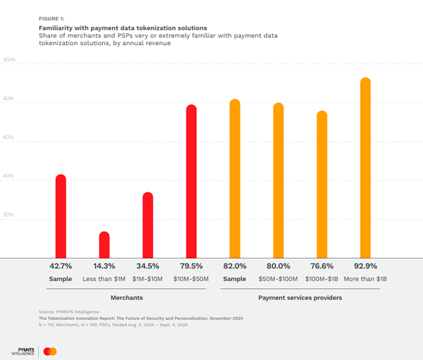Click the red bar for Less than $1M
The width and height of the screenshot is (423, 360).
[x=104, y=244]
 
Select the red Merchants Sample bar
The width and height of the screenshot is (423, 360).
[x=61, y=216]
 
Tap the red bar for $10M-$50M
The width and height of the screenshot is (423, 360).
[x=191, y=181]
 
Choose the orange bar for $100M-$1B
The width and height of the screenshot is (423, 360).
[x=321, y=184]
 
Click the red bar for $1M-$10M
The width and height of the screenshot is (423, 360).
[x=147, y=225]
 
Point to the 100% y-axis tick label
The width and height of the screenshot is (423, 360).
[x=9, y=60]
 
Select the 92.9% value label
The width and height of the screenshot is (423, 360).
[x=365, y=266]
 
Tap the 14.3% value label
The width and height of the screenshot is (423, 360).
[x=104, y=266]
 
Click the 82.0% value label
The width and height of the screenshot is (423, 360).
[x=235, y=266]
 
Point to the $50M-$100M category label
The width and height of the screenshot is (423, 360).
[x=278, y=279]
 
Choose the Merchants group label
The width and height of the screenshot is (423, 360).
[x=126, y=298]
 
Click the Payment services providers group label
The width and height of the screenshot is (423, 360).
[x=300, y=298]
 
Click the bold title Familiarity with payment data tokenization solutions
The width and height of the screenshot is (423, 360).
[x=123, y=28]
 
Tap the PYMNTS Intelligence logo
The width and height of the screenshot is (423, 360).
[x=23, y=350]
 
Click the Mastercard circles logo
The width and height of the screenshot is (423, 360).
[x=49, y=351]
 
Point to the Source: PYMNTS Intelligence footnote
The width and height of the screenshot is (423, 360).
[x=69, y=311]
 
